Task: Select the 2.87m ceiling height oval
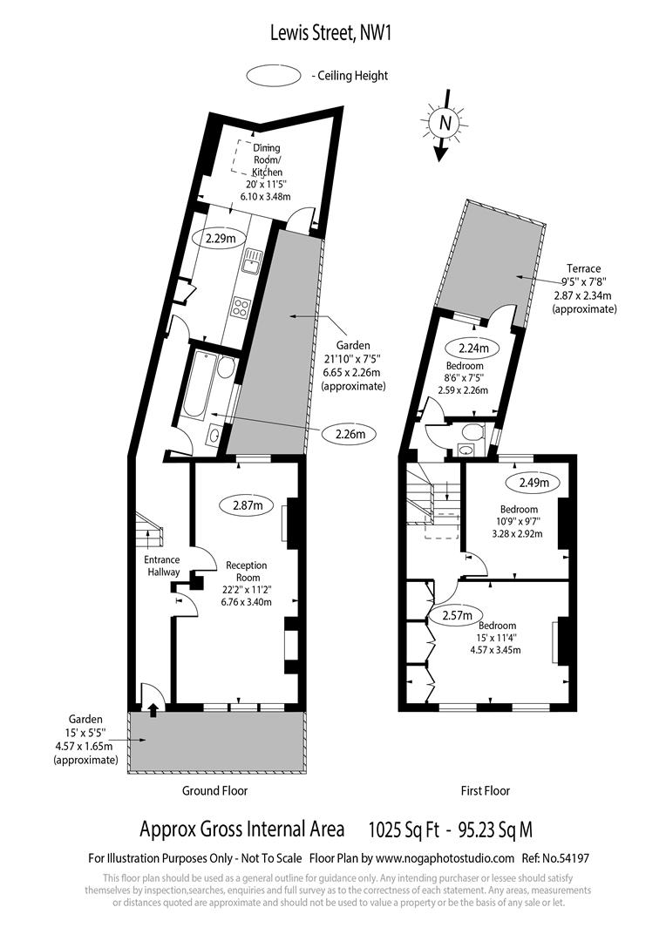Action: (x=248, y=504)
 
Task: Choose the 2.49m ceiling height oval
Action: (x=533, y=482)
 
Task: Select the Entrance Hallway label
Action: (x=162, y=565)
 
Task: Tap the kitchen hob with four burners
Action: (x=240, y=307)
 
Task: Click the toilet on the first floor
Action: (x=472, y=432)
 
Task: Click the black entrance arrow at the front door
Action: (x=153, y=710)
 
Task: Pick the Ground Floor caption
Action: (x=214, y=790)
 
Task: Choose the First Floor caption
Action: (x=485, y=790)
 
